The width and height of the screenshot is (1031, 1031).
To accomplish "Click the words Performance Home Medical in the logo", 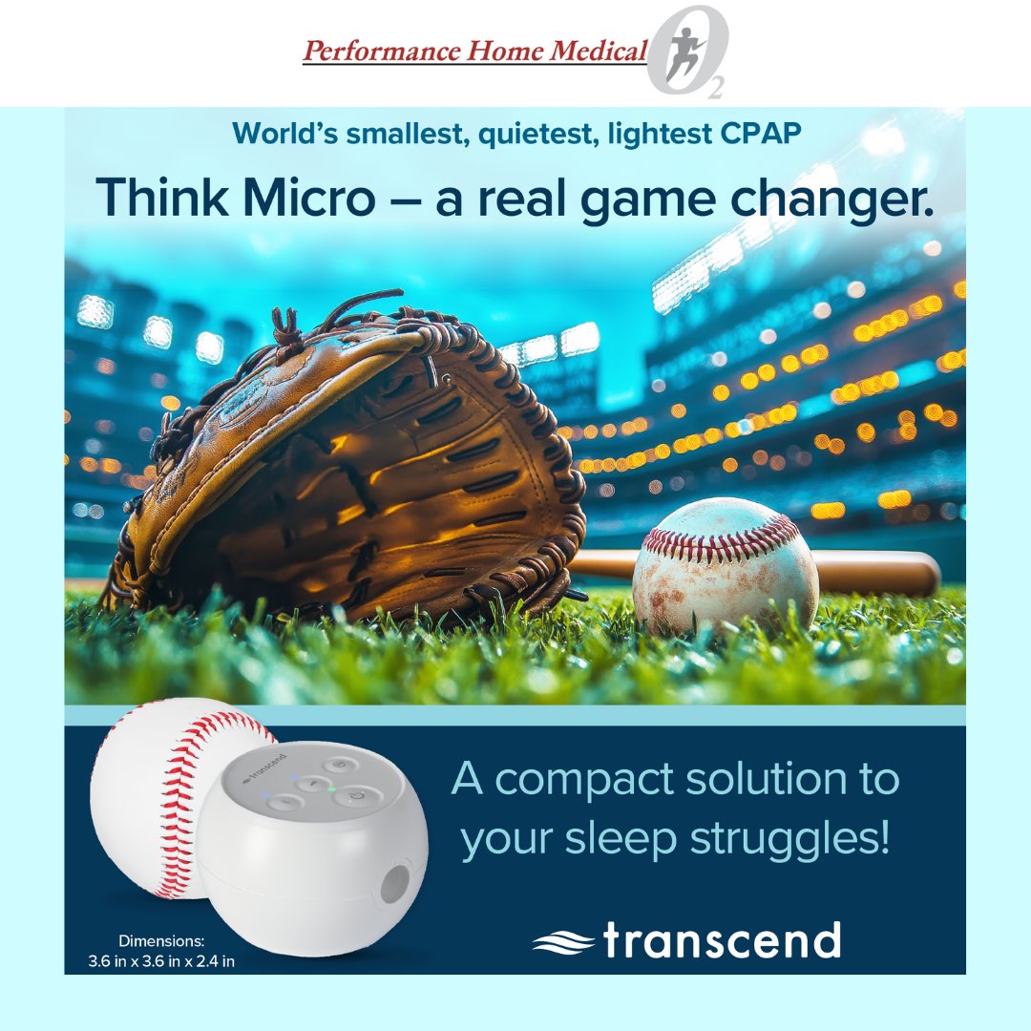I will pos(474,51).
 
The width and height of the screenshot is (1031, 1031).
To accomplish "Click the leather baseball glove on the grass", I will pos(353,458).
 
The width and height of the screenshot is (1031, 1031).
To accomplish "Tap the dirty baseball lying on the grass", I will pos(726,565).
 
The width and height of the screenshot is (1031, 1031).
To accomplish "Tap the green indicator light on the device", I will pos(330,789).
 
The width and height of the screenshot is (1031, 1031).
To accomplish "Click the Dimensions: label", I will pos(161,941).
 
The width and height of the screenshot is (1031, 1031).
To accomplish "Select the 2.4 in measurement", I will pos(214,961).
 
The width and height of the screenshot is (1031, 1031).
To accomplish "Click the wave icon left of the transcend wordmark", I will pos(563,943).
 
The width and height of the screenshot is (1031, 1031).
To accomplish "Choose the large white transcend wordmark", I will pos(722,941).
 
